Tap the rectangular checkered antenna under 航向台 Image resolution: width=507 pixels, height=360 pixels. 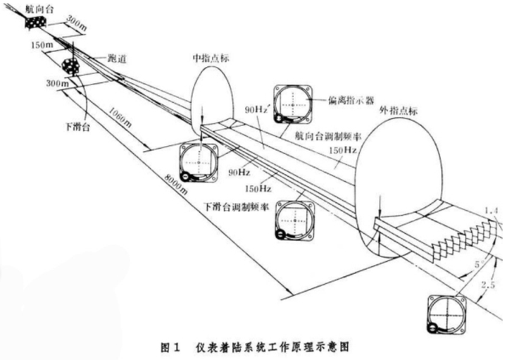(35, 23)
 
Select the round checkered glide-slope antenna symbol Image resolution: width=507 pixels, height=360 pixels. (70, 67)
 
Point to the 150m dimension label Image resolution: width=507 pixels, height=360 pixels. (44, 46)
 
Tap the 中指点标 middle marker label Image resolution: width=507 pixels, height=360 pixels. (211, 59)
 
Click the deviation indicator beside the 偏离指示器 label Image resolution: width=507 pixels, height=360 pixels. (292, 104)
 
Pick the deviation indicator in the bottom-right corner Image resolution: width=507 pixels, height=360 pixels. (446, 314)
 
